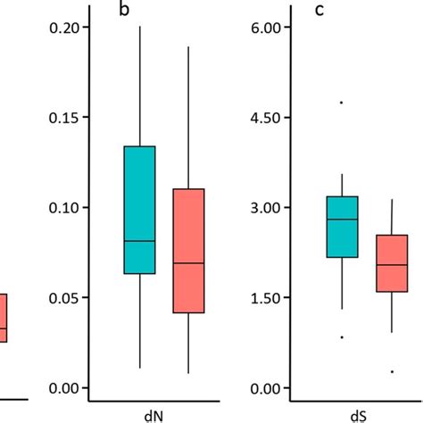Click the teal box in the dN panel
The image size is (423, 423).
[139, 209]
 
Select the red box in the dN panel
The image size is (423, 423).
[187, 251]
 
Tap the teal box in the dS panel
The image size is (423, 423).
[342, 227]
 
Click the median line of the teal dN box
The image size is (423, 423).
[139, 241]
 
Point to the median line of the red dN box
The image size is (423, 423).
[187, 263]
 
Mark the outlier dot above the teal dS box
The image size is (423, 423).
[342, 103]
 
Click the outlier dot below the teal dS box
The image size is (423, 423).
[342, 337]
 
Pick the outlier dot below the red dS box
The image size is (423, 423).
[391, 371]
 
